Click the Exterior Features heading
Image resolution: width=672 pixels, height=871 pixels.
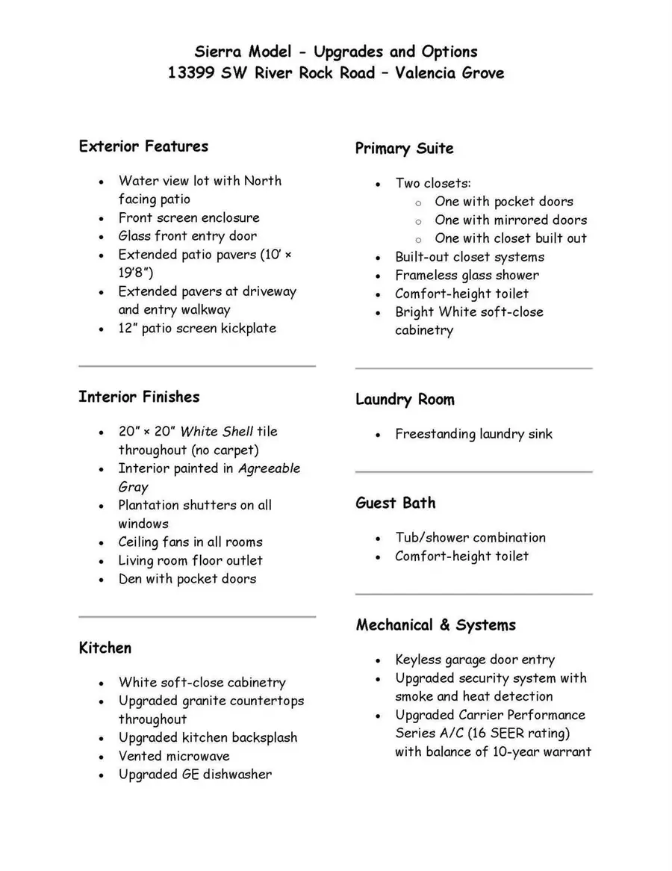(143, 146)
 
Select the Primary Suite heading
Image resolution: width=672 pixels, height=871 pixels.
(404, 149)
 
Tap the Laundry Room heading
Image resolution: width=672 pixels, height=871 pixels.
(404, 400)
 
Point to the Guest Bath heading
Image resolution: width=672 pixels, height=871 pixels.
(395, 503)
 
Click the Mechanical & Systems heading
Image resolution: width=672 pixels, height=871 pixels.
(435, 625)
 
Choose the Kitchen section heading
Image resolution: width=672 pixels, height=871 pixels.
(105, 648)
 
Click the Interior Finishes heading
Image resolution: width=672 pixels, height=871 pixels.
(139, 397)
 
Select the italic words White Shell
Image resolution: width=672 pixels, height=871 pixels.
(217, 432)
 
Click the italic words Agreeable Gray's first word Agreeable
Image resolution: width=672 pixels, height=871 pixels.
(269, 468)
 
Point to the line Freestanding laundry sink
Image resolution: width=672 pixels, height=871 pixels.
(473, 434)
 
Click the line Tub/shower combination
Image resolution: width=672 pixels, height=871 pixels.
(470, 538)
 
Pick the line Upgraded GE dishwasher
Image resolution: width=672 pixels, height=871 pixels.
(195, 775)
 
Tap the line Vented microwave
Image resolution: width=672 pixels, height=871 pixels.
(174, 756)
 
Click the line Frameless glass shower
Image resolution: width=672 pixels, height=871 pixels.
(467, 276)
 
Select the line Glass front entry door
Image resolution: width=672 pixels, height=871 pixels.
(187, 236)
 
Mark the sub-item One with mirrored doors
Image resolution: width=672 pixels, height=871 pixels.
(511, 220)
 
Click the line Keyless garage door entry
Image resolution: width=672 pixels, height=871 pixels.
(475, 660)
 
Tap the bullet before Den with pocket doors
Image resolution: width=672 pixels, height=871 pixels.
(102, 580)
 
